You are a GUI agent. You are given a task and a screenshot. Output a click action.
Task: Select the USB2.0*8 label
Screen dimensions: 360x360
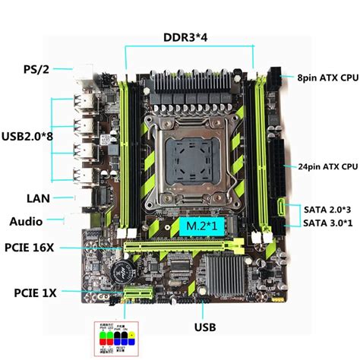29,136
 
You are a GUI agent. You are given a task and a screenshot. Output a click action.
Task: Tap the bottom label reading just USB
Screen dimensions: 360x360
204,328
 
